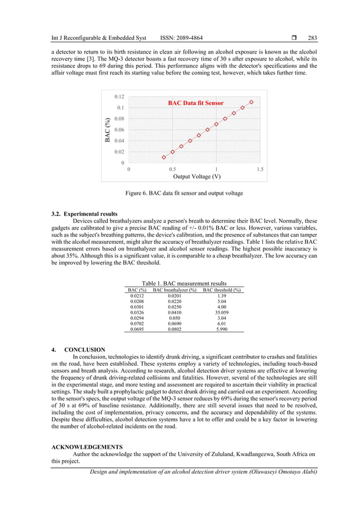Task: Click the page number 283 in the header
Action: [x=312, y=38]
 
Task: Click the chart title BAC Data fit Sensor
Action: [x=196, y=103]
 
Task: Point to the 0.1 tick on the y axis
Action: [x=121, y=107]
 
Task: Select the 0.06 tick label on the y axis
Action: [x=120, y=130]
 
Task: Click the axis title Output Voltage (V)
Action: [x=196, y=177]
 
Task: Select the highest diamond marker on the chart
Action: [x=251, y=102]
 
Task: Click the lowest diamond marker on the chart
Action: [x=164, y=157]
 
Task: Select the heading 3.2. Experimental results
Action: [x=84, y=214]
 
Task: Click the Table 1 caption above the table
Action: [x=184, y=283]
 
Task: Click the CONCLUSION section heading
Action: [x=84, y=350]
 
